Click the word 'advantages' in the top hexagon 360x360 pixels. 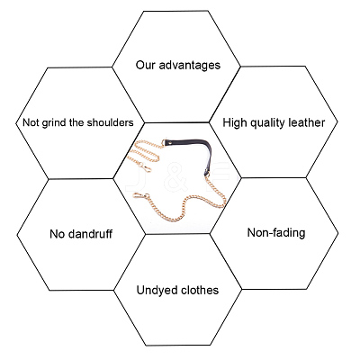[190, 65]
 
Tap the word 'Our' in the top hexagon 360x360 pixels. [146, 65]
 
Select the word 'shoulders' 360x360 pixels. [110, 122]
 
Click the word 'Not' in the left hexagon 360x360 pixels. [31, 122]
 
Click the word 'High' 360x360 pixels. [235, 123]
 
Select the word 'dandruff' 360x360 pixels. [90, 234]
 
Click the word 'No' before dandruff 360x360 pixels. [58, 234]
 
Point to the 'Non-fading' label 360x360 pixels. [276, 233]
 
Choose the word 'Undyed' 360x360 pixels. [157, 291]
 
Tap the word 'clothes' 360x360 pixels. [200, 290]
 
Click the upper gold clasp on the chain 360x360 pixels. [146, 167]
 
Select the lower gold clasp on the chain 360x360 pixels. [141, 196]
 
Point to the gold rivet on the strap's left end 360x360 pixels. [172, 143]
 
